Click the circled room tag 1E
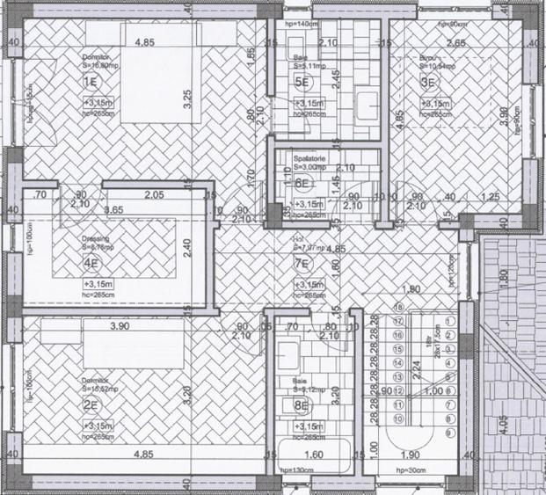89,83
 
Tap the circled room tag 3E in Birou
430,83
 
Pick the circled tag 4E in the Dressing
90,262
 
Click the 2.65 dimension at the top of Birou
455,42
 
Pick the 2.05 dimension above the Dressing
155,195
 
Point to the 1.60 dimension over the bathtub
314,455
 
